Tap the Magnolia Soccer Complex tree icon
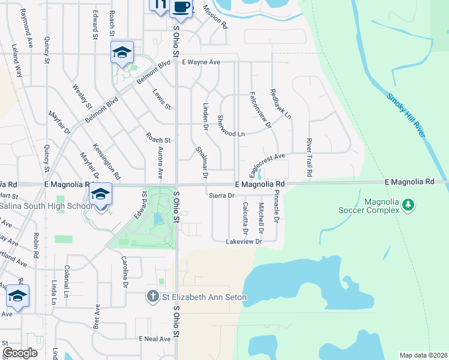408,206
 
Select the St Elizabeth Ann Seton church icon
154,296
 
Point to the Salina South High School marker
101,194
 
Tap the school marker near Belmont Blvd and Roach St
122,52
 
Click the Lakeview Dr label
244,241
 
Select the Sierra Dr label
220,196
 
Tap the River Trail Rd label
309,157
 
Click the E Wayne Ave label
202,62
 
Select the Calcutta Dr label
245,218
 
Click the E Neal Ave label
155,339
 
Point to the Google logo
20,352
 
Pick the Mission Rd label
215,17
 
